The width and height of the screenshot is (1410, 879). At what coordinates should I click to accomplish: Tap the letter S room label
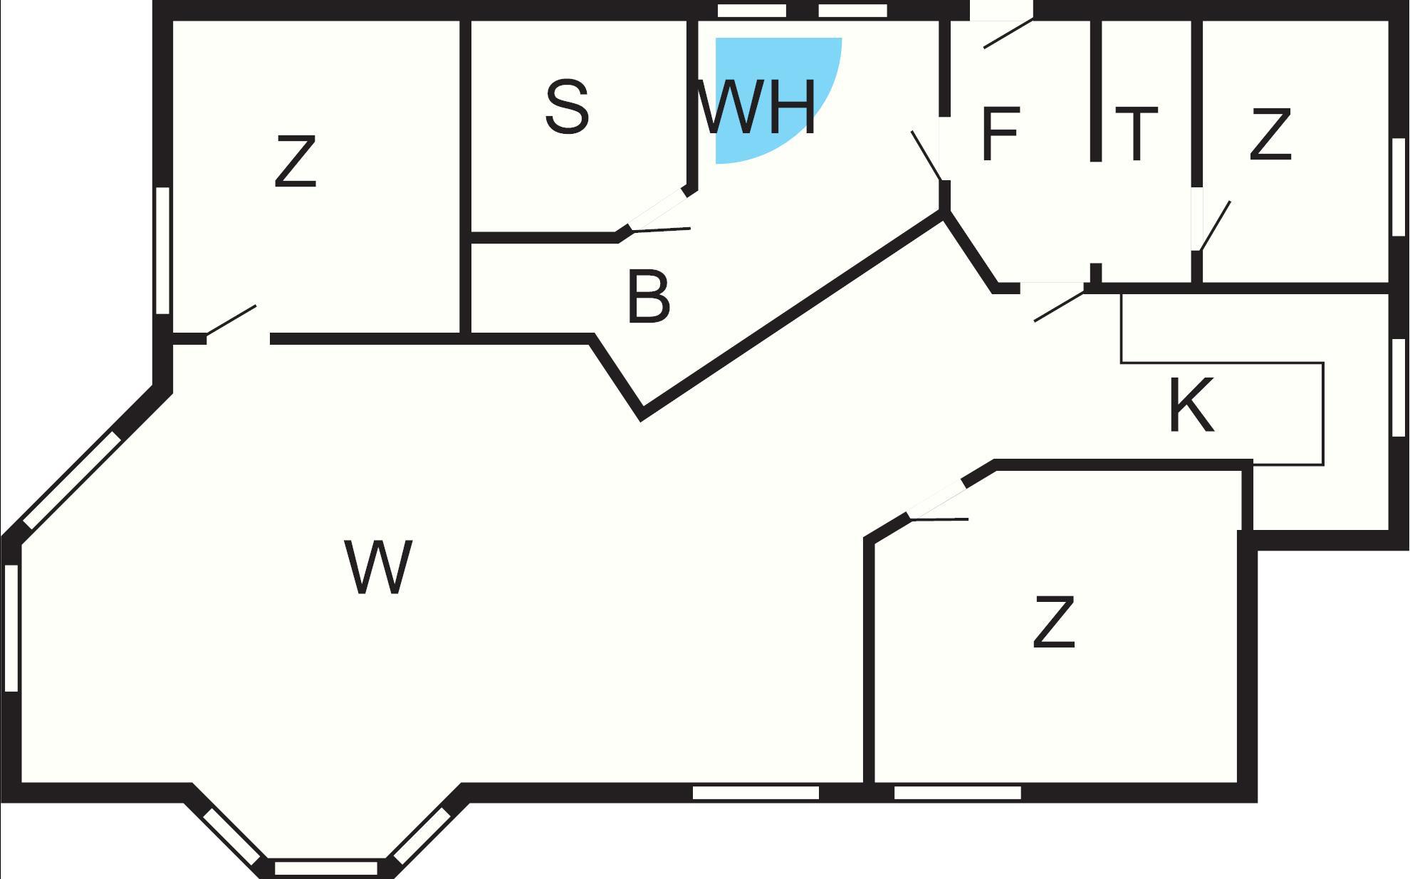tap(567, 108)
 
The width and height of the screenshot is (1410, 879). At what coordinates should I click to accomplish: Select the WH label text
tap(756, 108)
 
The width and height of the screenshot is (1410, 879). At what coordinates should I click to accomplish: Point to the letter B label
tap(649, 297)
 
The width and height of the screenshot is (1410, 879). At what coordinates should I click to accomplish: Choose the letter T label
tap(1137, 134)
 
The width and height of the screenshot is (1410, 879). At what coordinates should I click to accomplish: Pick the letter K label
tap(1191, 406)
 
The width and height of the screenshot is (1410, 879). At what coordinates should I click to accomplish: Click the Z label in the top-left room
tap(296, 162)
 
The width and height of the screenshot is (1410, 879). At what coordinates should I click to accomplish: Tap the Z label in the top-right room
tap(1270, 134)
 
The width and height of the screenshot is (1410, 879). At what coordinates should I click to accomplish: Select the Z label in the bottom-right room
tap(1054, 623)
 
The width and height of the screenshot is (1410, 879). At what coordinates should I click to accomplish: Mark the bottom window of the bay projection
tap(325, 868)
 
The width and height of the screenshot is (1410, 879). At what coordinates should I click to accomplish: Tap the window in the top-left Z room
tap(162, 250)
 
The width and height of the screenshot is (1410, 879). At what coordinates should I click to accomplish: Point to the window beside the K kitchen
tap(1398, 387)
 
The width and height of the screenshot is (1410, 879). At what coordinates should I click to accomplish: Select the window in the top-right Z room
tap(1398, 187)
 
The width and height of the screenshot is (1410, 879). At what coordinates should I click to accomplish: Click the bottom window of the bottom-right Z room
tap(957, 793)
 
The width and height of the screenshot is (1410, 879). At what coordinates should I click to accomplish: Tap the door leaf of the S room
tap(661, 229)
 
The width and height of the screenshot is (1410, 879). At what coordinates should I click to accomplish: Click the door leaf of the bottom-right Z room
tap(939, 519)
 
